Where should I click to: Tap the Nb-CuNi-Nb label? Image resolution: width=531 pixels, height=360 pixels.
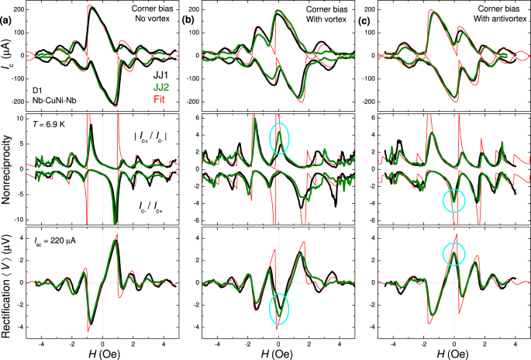[55, 99]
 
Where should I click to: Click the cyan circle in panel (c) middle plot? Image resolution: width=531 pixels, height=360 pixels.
[454, 201]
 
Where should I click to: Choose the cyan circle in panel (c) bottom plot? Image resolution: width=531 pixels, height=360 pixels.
[455, 254]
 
